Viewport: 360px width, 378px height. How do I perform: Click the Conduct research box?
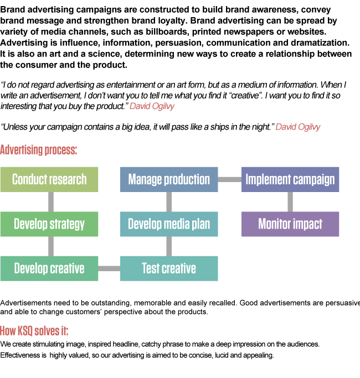pos(49,179)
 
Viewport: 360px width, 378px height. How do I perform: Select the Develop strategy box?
pos(49,224)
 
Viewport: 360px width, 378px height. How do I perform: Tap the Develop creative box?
pos(49,268)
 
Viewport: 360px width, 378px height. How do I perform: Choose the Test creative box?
pos(169,268)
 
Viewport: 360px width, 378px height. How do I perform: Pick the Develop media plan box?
pos(169,224)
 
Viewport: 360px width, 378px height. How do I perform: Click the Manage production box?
pos(169,179)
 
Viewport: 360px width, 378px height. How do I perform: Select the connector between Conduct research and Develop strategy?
pos(51,201)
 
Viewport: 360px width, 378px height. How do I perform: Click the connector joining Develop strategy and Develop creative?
pos(51,246)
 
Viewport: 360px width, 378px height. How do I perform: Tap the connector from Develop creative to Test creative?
pos(109,268)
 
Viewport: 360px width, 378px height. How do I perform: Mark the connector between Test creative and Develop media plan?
pos(169,246)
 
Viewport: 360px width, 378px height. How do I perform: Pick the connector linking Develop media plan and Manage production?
pos(169,201)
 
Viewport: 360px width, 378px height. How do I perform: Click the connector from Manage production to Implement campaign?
pos(229,179)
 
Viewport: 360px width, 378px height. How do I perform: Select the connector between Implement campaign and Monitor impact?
pos(290,201)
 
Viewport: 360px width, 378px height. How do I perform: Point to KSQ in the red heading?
pos(25,332)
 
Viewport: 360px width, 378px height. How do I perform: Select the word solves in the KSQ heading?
pos(45,332)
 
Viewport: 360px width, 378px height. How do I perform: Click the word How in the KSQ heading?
pos(8,332)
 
